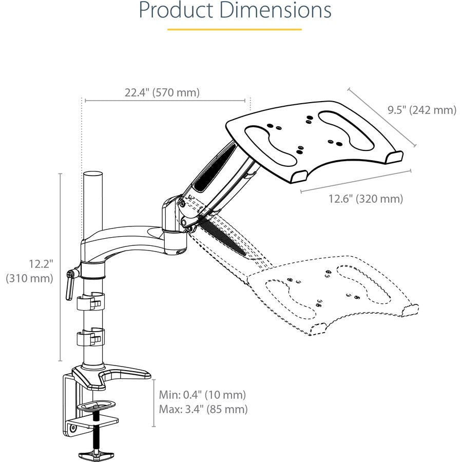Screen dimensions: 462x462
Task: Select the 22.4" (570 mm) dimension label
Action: (x=162, y=93)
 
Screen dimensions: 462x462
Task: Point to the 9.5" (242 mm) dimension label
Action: (x=421, y=110)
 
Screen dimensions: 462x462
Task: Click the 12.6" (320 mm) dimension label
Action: (x=365, y=199)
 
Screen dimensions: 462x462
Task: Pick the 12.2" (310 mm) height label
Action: (x=30, y=271)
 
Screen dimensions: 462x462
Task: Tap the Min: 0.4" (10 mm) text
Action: (x=202, y=395)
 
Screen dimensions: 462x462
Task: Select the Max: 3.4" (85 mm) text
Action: (x=203, y=409)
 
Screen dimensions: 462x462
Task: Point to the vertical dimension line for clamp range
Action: (x=153, y=403)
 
